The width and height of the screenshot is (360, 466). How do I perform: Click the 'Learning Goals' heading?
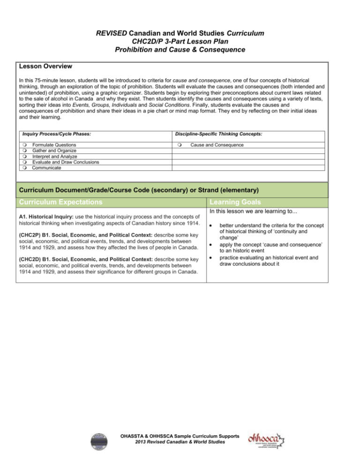pyautogui.click(x=229, y=203)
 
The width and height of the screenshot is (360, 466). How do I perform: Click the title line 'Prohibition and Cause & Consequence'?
pyautogui.click(x=180, y=51)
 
